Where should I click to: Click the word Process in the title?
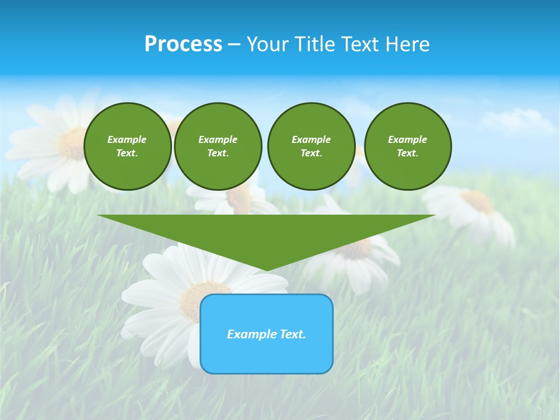pyautogui.click(x=183, y=44)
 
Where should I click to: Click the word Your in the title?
pyautogui.click(x=268, y=44)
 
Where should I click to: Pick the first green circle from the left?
pyautogui.click(x=127, y=146)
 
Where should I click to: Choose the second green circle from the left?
pyautogui.click(x=218, y=146)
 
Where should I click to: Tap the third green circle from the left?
pyautogui.click(x=311, y=146)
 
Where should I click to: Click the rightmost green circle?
pyautogui.click(x=408, y=146)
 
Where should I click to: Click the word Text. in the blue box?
pyautogui.click(x=293, y=334)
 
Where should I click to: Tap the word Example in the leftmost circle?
pyautogui.click(x=127, y=139)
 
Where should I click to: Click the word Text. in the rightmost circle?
pyautogui.click(x=408, y=153)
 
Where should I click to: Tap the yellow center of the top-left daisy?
pyautogui.click(x=73, y=143)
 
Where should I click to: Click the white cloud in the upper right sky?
pyautogui.click(x=516, y=121)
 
